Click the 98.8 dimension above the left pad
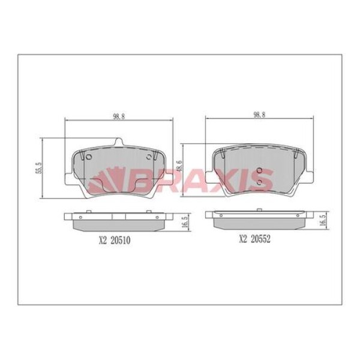point(119,116)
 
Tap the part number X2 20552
point(255,239)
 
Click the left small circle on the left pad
point(88,158)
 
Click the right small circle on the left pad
point(150,158)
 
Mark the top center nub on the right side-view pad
point(258,210)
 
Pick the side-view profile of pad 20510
point(119,221)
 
